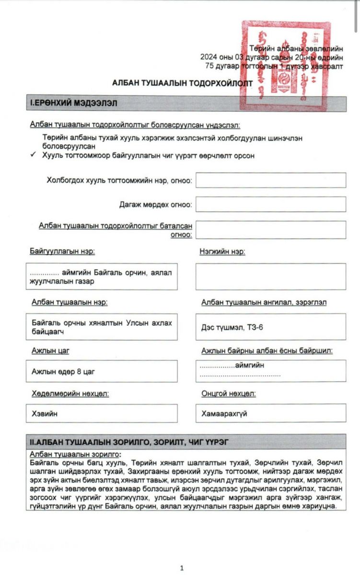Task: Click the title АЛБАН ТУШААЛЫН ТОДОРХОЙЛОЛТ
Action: [182, 82]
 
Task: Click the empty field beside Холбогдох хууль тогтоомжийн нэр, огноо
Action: [270, 180]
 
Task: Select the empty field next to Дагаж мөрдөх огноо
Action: [270, 204]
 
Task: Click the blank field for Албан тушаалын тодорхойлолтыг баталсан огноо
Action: [270, 230]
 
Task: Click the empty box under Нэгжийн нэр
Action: [270, 276]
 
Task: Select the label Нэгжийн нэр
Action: [222, 252]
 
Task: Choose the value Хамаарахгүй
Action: [224, 413]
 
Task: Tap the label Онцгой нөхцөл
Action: [228, 393]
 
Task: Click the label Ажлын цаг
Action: [50, 351]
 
